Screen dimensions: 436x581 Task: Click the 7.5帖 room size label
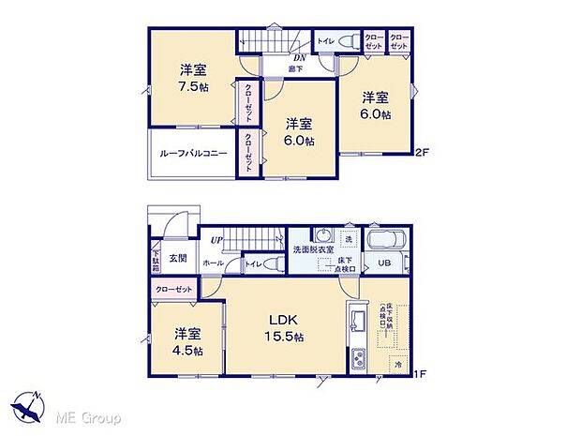click(194, 87)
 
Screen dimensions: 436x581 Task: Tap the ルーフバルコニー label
click(193, 152)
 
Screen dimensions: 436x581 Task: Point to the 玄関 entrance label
click(178, 258)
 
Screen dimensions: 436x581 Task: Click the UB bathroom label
click(383, 263)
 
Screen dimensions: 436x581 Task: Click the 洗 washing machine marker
click(349, 236)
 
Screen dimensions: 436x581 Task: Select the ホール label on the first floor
click(213, 264)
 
